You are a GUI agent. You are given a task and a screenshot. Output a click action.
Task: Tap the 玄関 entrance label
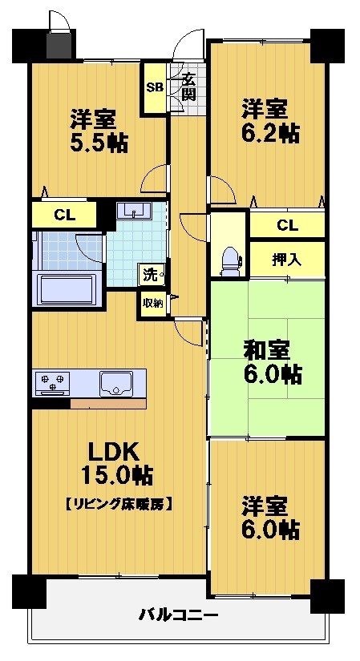coord(189,87)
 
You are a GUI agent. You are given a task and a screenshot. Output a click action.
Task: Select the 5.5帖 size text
coord(99,143)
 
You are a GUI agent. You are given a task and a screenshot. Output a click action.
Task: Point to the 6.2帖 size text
coord(270,133)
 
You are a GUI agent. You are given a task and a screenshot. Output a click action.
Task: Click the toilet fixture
coord(229,261)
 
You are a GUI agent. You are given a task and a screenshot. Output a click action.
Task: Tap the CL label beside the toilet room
coord(287,225)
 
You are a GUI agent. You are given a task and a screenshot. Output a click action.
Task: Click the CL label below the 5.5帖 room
coord(65,216)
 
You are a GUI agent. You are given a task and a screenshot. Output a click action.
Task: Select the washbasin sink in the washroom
coord(134,210)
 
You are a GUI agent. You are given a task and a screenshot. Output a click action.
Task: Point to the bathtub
coord(67,289)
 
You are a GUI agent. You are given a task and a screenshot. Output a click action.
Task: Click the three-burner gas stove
coord(52,383)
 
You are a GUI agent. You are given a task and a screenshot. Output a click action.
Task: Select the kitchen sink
coord(116,384)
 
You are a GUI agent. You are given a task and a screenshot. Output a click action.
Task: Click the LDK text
coord(113,453)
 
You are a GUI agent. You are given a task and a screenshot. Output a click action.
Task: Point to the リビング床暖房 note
coord(118,503)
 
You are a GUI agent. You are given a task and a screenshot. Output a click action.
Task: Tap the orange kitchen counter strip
coord(108,404)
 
